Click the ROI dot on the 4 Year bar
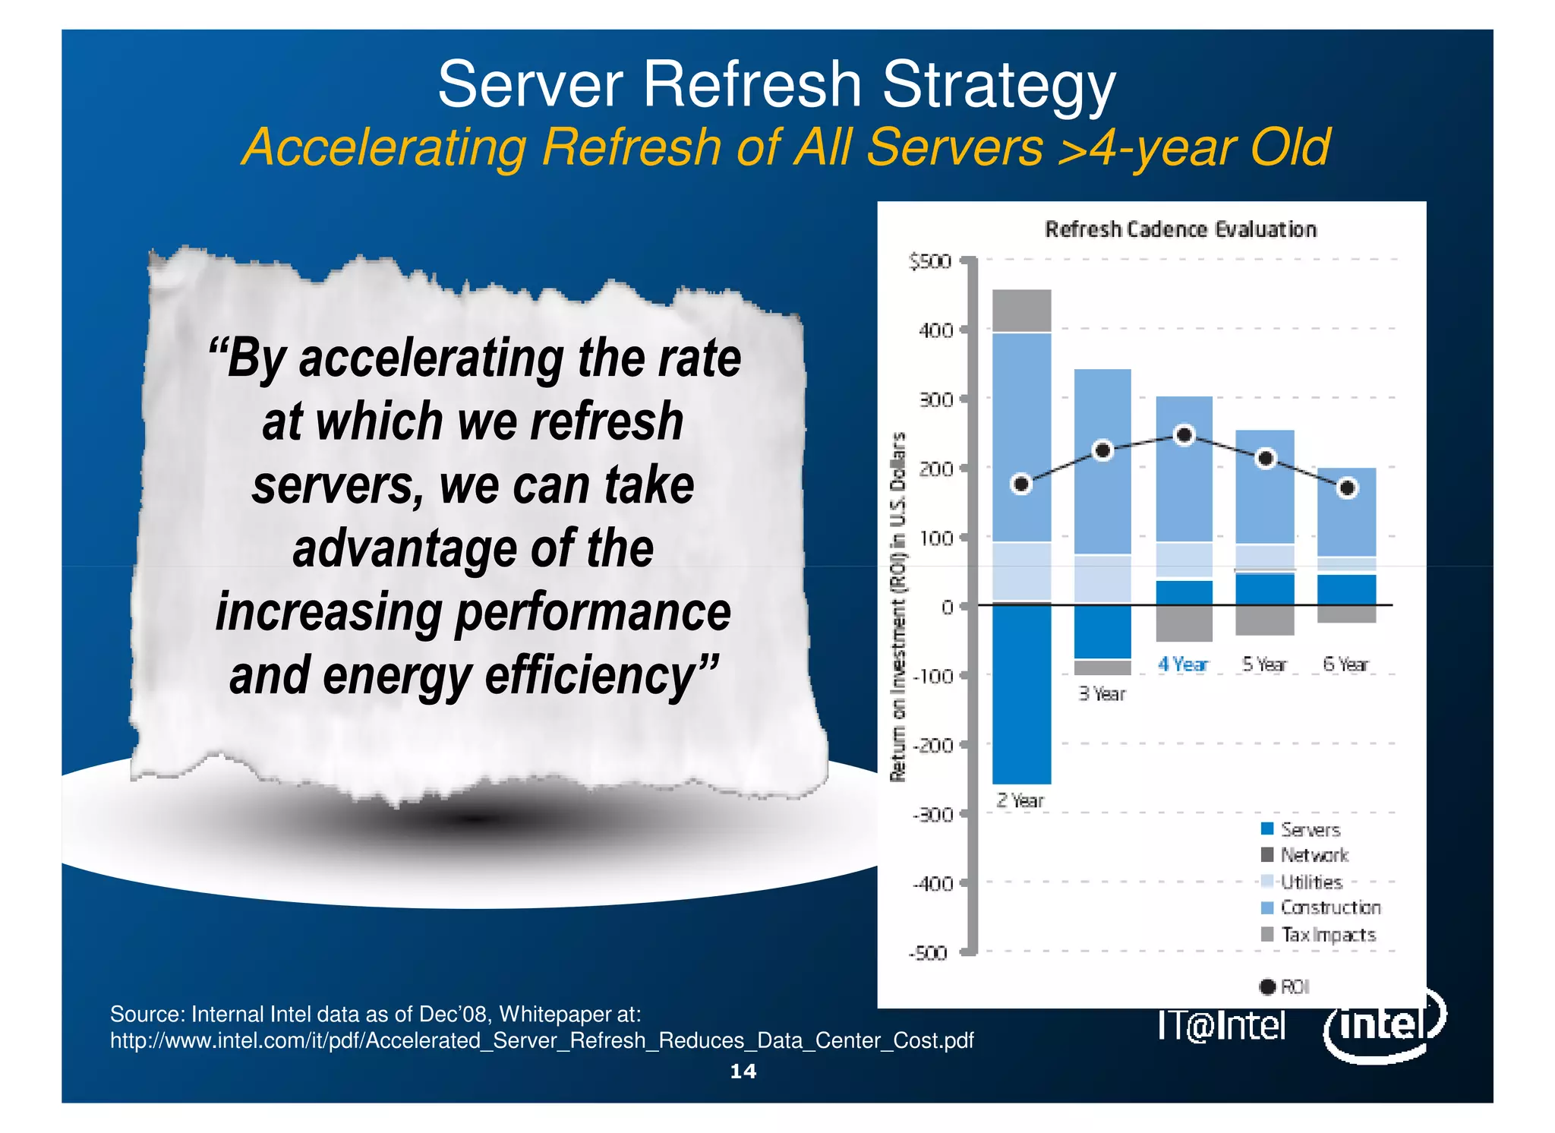(1184, 435)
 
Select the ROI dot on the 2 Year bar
(1022, 484)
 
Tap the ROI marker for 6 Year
(1347, 488)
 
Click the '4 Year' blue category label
(1182, 664)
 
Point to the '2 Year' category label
(1020, 800)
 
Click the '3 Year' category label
(1102, 693)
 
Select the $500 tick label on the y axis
(930, 262)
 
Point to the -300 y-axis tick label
(932, 815)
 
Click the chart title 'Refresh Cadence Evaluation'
(1181, 229)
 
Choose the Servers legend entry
(1301, 829)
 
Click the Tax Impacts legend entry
(1320, 935)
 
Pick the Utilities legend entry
(1303, 882)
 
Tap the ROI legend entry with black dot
(1285, 986)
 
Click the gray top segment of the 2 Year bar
(1022, 311)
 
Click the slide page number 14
(743, 1071)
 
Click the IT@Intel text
(1221, 1026)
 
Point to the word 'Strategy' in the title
(998, 85)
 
